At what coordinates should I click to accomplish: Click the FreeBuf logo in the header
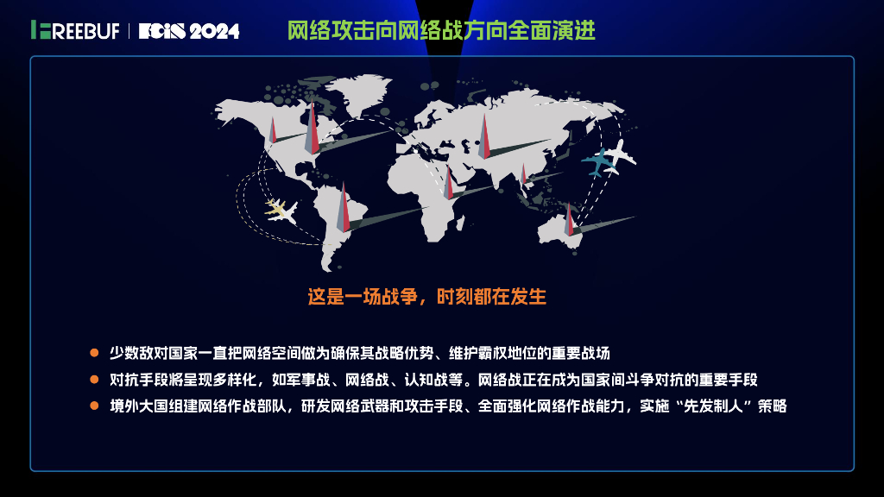[x=76, y=30]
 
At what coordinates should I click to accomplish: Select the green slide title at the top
[x=441, y=31]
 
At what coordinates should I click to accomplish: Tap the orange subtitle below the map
[x=427, y=297]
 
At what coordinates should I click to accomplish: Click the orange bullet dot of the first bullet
[x=95, y=353]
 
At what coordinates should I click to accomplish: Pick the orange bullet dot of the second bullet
[x=95, y=380]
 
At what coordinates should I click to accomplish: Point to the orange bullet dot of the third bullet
[x=95, y=406]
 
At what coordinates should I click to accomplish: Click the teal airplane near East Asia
[x=597, y=163]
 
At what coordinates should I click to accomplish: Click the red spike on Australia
[x=568, y=221]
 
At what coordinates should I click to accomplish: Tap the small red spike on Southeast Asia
[x=523, y=175]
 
